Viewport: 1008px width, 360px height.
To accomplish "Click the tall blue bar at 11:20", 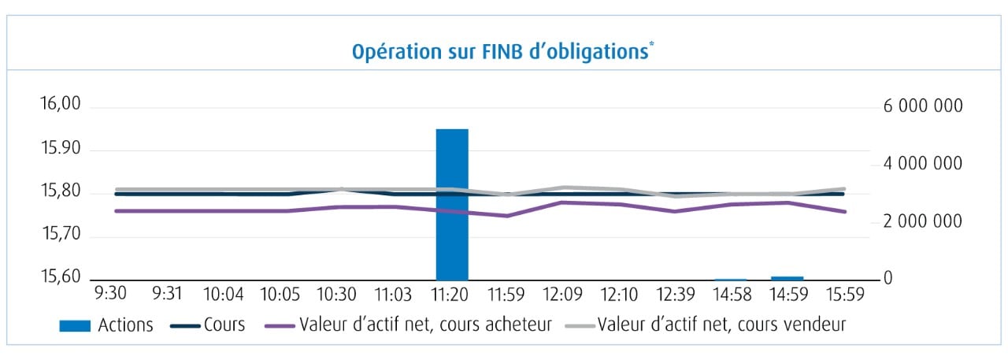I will pos(452,204).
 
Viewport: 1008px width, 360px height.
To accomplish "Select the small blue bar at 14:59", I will pos(787,277).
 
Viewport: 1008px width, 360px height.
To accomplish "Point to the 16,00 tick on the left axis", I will pos(60,106).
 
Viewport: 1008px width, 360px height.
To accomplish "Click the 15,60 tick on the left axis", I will pos(60,278).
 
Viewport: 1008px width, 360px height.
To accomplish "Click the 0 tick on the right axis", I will pos(888,280).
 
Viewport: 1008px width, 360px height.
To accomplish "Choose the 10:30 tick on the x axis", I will pos(336,295).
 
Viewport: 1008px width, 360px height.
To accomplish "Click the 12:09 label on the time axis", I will pos(563,295).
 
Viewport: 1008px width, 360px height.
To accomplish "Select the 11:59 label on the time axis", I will pos(506,295).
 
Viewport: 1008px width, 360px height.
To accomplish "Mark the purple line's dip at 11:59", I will pos(507,216).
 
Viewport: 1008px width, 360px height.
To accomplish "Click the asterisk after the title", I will pos(652,46).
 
